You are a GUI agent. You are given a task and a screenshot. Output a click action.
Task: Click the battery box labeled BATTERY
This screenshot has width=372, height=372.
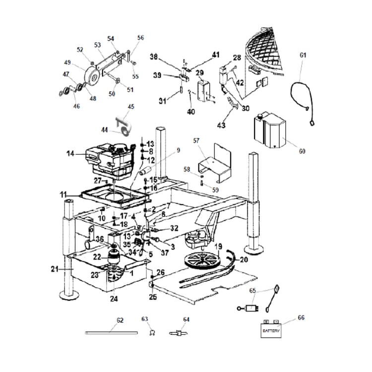271,330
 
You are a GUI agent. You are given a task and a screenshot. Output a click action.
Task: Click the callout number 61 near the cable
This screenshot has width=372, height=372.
303,55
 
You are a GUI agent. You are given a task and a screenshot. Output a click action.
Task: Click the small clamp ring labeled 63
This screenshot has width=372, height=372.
147,333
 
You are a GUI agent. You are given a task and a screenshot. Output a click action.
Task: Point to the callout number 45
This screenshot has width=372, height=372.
131,107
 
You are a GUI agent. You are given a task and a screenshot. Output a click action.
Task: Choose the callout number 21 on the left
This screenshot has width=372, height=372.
54,269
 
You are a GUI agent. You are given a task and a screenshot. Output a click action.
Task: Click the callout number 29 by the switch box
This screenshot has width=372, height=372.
199,73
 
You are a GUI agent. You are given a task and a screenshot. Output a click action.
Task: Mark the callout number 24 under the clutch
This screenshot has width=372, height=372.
114,299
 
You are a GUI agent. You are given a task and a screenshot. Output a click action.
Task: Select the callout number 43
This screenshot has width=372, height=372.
221,125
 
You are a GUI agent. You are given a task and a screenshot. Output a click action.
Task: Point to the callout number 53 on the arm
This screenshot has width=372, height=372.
98,45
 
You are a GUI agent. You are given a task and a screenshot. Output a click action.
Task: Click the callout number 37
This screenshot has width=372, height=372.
164,252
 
